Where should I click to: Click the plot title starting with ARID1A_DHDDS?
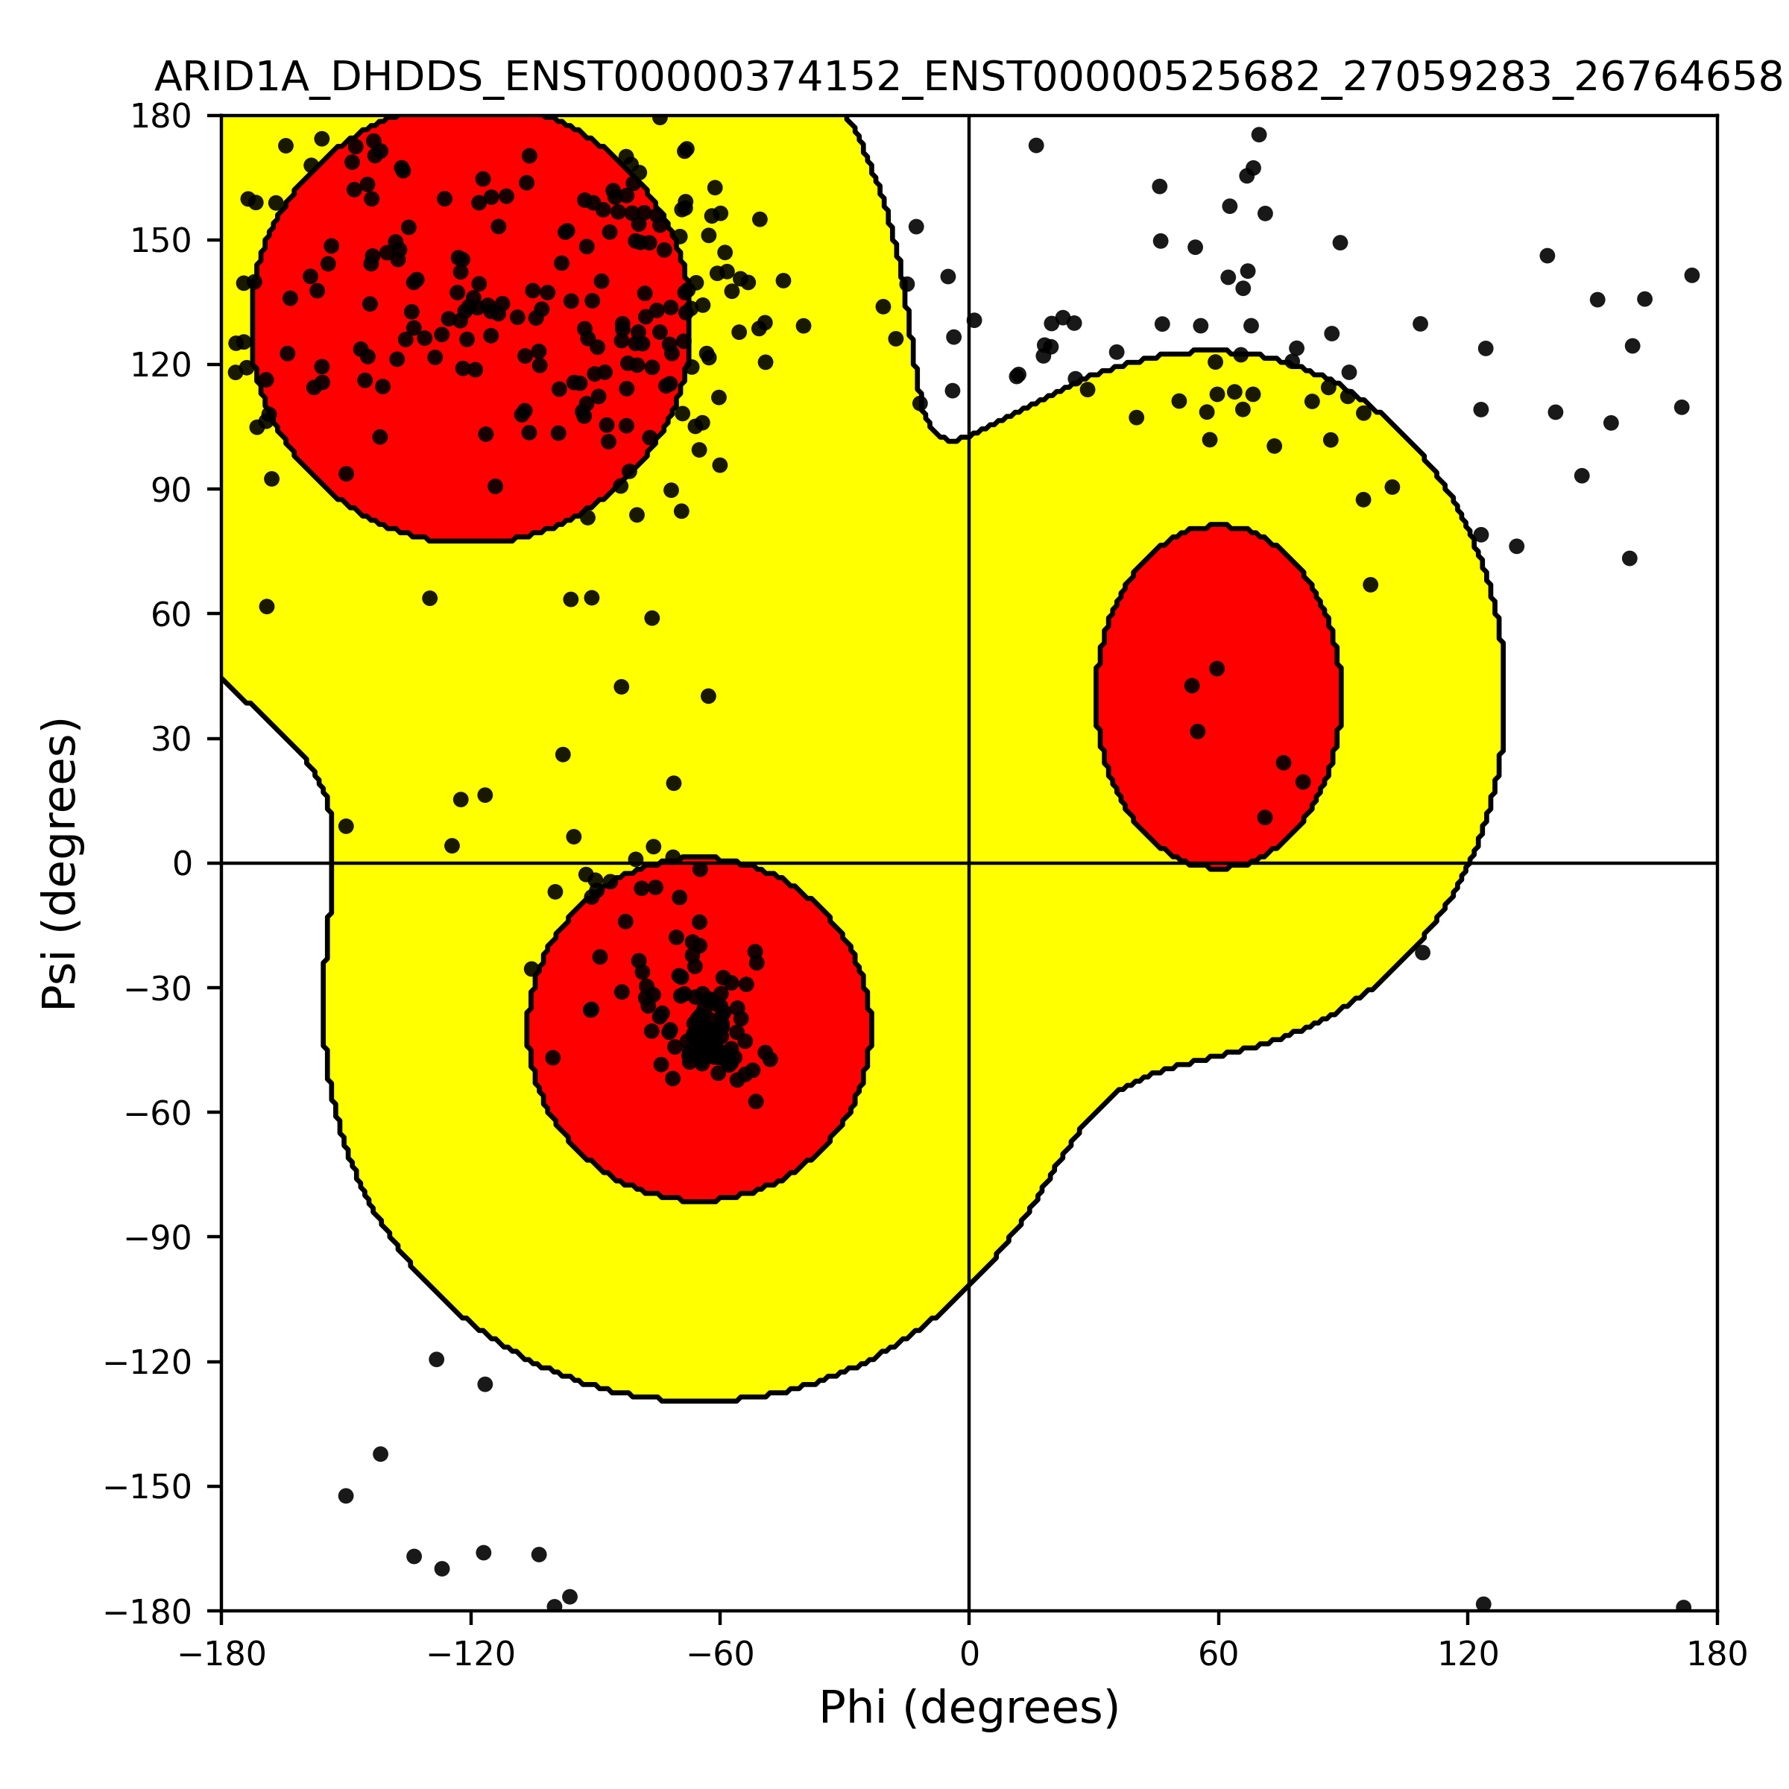click(x=968, y=77)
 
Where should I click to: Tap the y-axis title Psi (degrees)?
click(x=60, y=863)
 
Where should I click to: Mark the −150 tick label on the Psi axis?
click(x=149, y=1487)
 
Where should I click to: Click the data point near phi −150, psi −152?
click(x=345, y=1495)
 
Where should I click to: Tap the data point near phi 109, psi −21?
click(x=1422, y=952)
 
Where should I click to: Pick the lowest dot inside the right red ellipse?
click(x=1265, y=818)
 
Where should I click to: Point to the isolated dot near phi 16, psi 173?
click(x=1036, y=145)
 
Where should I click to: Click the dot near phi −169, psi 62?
click(x=267, y=607)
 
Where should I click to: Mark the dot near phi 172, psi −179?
click(x=1683, y=1608)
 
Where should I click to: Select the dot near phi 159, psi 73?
click(x=1629, y=558)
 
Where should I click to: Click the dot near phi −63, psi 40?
click(x=708, y=696)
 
